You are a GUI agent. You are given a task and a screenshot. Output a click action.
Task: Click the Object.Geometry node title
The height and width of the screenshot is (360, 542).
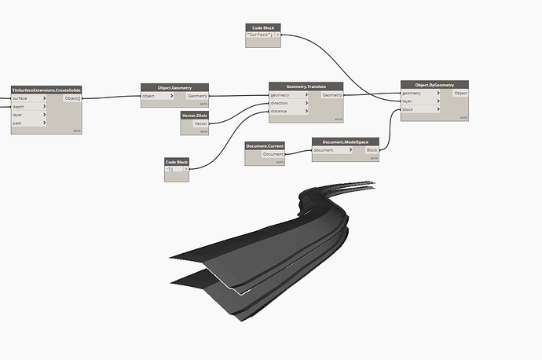tap(175, 87)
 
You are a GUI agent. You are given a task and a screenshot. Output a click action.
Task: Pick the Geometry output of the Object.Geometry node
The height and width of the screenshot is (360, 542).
tap(197, 96)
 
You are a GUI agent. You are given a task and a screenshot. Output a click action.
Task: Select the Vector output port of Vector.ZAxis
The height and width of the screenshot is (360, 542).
tap(200, 123)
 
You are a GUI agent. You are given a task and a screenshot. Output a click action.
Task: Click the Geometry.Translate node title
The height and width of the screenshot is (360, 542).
tap(307, 86)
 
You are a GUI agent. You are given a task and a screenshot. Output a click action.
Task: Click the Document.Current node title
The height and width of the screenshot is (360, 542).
tap(265, 145)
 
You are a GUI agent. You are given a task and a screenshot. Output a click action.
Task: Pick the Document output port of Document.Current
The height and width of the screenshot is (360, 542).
tap(273, 154)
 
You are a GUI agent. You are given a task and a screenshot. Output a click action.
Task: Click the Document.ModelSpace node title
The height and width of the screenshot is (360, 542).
tap(346, 141)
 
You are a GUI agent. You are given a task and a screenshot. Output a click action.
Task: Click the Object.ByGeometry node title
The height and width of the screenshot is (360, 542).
tap(434, 84)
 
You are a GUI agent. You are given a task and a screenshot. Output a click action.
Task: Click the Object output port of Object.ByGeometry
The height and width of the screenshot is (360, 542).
tap(460, 93)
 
